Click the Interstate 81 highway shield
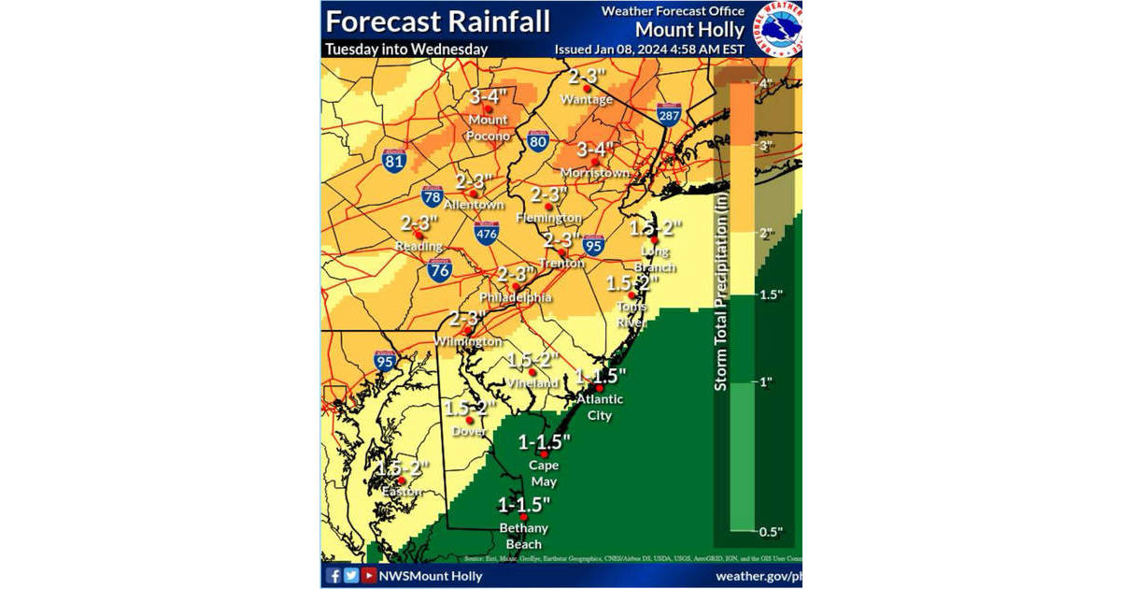coord(395,160)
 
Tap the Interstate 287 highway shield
coord(668,114)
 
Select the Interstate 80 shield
coord(536,141)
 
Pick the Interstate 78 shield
coord(432,197)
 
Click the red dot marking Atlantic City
coord(600,387)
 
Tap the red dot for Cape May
coord(544,453)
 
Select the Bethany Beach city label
coord(523,536)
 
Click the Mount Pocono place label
coord(489,128)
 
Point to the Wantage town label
coord(587,100)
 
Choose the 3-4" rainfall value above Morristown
coord(595,149)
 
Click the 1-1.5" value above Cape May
coord(544,440)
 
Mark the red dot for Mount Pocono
coord(487,108)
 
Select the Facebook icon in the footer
coord(333,575)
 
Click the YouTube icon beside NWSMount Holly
coord(369,575)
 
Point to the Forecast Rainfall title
coord(438,21)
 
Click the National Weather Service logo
coord(779,28)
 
